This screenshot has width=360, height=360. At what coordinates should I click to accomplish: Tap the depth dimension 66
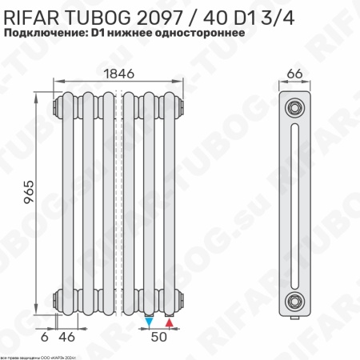[x=294, y=73]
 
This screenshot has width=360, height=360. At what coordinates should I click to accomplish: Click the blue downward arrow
[x=150, y=322]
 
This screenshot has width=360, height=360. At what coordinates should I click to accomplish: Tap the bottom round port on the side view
[x=295, y=301]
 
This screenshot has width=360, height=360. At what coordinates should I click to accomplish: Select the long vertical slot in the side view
[x=295, y=204]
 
